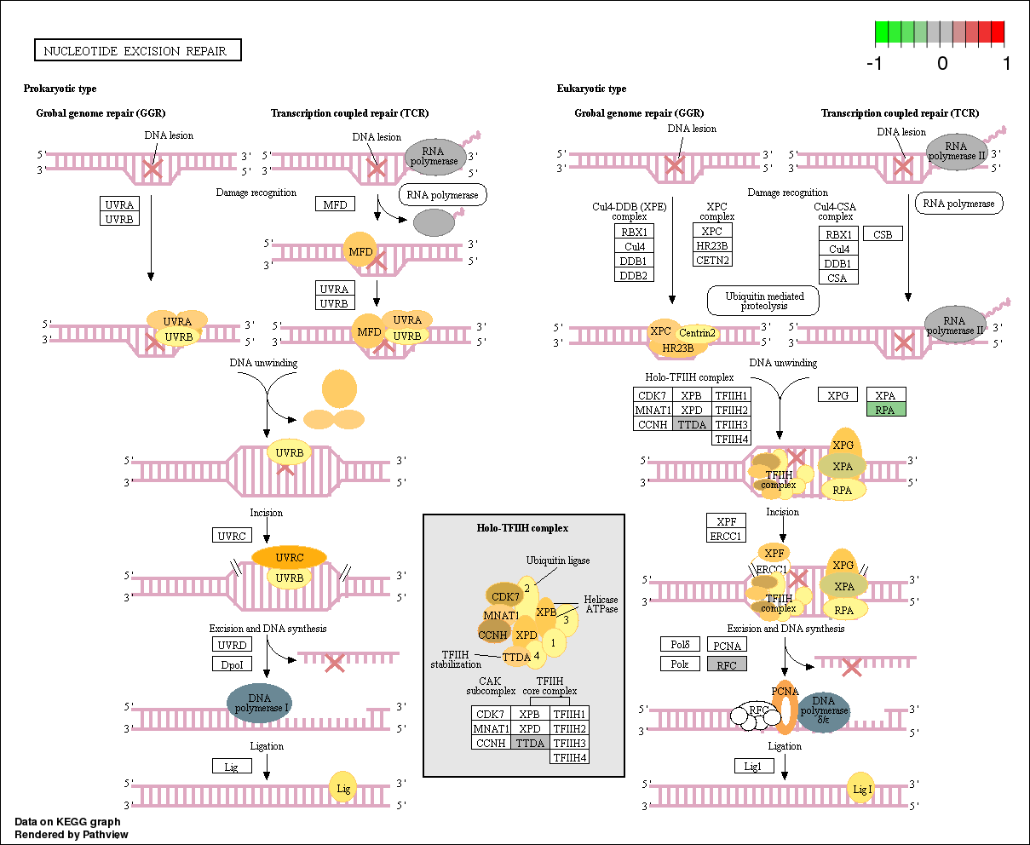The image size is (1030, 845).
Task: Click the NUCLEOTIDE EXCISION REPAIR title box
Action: [x=137, y=50]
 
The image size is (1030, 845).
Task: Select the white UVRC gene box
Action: [x=232, y=535]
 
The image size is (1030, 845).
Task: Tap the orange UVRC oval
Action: [x=290, y=557]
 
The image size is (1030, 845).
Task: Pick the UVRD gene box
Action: [x=232, y=645]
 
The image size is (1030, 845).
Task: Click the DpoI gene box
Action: [x=232, y=664]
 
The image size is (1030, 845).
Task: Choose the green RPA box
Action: [x=886, y=410]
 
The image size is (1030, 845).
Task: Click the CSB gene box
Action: [x=883, y=233]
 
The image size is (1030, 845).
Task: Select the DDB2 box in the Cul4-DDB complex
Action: [x=633, y=275]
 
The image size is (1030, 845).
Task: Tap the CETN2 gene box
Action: [x=712, y=260]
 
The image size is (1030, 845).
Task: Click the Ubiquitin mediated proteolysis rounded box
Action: [x=762, y=301]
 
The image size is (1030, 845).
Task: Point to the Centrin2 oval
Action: [x=697, y=333]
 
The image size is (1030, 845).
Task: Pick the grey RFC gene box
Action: [x=727, y=664]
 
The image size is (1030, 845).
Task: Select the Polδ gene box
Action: [x=679, y=645]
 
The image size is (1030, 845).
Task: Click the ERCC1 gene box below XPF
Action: [x=726, y=536]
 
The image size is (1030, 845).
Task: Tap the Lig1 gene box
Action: [x=754, y=766]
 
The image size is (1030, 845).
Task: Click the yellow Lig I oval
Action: [x=862, y=789]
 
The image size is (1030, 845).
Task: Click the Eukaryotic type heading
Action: [x=591, y=89]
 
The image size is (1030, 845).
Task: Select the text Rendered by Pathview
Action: [x=72, y=834]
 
